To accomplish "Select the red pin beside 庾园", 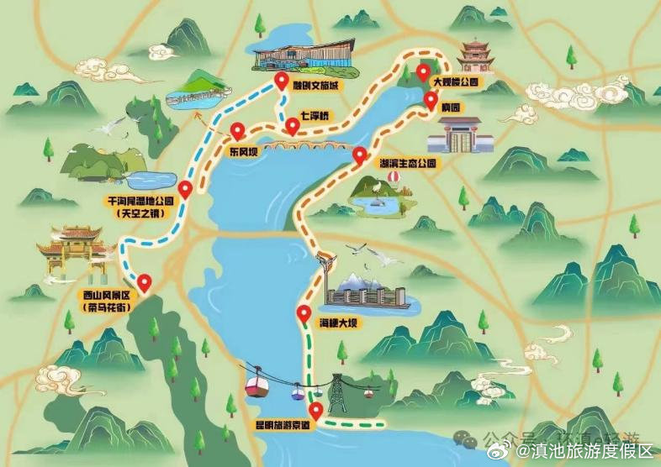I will pos(431,102).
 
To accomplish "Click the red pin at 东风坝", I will pos(239,131).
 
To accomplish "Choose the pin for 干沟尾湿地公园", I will pos(186,187).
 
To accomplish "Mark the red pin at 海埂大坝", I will pos(304,314).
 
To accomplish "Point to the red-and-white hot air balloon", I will pos(392,178).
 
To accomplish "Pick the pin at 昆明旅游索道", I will pos(316,411).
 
